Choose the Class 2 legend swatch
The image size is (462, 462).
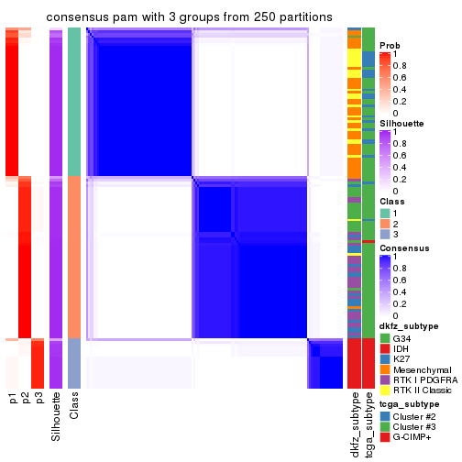385,224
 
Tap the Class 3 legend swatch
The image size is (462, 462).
385,235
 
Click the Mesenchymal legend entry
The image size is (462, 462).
421,369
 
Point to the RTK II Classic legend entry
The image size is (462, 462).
424,391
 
